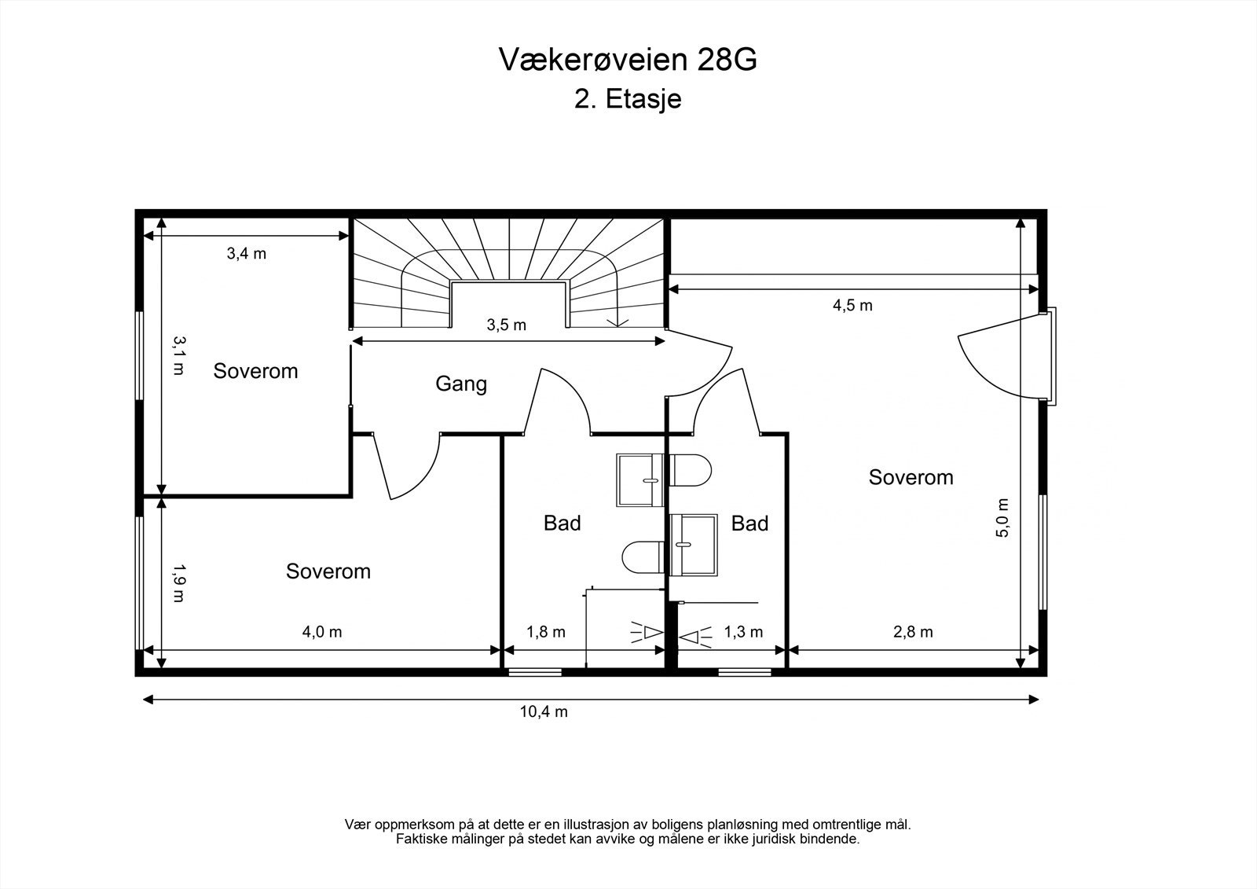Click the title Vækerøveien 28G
click(x=628, y=60)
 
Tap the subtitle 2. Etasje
click(x=628, y=100)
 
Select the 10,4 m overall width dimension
click(x=544, y=712)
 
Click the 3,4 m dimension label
click(x=247, y=253)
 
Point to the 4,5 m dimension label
click(x=852, y=305)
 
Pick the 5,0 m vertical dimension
click(x=1002, y=518)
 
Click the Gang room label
click(x=461, y=384)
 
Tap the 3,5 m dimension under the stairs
click(x=507, y=325)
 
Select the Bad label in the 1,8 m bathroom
click(x=562, y=523)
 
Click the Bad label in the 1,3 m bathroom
click(x=749, y=523)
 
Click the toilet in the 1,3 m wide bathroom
click(x=691, y=470)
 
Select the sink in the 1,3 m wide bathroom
click(x=694, y=545)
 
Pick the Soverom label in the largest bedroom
click(x=911, y=477)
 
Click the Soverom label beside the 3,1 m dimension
click(x=255, y=371)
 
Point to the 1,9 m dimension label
click(x=178, y=582)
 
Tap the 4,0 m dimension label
click(x=322, y=632)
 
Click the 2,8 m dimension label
click(x=913, y=632)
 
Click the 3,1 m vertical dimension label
click(x=178, y=355)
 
